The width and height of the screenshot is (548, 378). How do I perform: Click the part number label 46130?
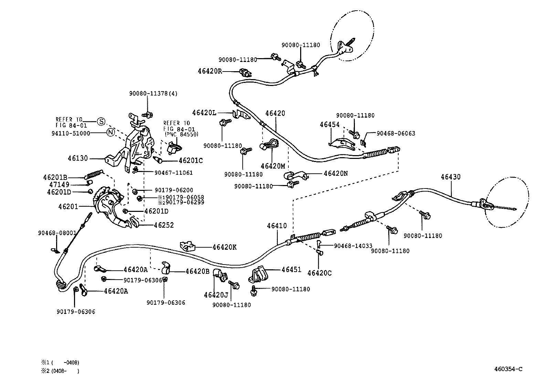[x=78, y=159]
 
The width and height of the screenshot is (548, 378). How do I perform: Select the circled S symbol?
[x=100, y=121]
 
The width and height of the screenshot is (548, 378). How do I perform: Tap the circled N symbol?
[x=110, y=132]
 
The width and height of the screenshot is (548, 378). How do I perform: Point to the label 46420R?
[x=210, y=71]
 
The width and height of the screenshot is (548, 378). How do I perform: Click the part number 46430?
[x=451, y=177]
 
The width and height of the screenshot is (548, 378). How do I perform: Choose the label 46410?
[x=276, y=226]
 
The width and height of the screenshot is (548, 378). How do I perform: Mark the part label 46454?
[x=329, y=125]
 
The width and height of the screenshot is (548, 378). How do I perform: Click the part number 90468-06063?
[x=396, y=133]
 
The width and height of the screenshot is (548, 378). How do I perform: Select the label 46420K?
[x=224, y=247]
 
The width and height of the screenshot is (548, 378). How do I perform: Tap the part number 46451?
[x=291, y=270]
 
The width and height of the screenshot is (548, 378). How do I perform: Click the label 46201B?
[x=55, y=177]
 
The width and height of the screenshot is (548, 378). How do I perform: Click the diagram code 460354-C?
[x=508, y=369]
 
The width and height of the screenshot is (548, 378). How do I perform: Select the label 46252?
[x=164, y=225]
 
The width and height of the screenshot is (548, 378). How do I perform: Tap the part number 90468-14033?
[x=353, y=246]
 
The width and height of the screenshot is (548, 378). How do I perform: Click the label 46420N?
[x=336, y=173]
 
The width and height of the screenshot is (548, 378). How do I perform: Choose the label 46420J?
[x=216, y=295]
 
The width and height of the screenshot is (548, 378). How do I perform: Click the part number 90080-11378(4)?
[x=153, y=94]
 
